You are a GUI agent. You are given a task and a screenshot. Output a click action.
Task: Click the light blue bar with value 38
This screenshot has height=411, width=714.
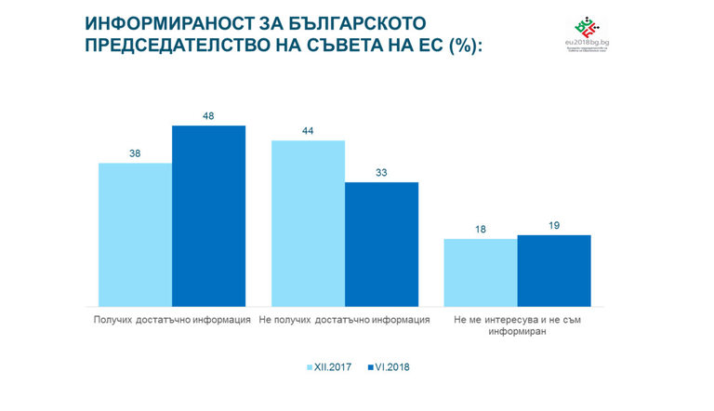pos(135,234)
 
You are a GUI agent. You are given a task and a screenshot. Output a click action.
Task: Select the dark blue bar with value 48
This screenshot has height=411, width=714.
pos(208,216)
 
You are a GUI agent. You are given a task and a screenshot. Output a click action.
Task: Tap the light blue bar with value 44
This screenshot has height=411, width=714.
pos(308,223)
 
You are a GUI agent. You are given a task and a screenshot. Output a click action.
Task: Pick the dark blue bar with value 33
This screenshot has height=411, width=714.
pos(381,244)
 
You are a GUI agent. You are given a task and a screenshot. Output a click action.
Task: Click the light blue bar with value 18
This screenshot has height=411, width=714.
pos(480,272)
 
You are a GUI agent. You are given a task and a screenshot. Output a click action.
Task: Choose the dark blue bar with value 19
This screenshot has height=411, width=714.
pos(554,271)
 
